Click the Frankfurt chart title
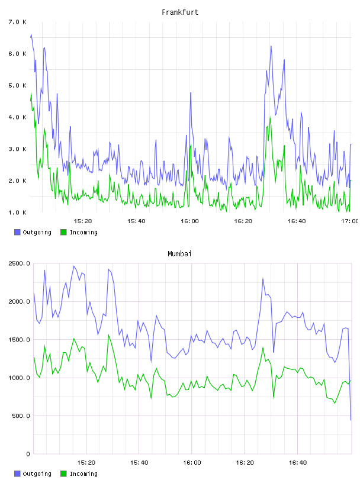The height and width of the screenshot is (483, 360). point(180,12)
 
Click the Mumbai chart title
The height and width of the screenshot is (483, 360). point(179,254)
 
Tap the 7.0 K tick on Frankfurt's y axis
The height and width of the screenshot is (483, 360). point(18,22)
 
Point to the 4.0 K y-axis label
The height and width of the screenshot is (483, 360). point(18,117)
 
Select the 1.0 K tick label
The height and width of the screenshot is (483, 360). point(18,212)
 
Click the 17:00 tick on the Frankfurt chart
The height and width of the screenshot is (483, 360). point(349,221)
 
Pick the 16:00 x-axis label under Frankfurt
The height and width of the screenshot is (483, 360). point(190,221)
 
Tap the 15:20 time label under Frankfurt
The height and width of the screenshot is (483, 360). point(83,221)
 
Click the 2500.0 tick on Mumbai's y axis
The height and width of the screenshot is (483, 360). point(20,263)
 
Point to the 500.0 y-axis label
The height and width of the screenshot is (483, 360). point(21,416)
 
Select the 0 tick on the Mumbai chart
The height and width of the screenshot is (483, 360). point(28,454)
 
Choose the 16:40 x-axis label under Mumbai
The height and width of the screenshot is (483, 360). point(298,462)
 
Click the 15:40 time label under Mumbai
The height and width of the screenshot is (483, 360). point(139,462)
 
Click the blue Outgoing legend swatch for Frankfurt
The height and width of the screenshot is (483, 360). point(17,232)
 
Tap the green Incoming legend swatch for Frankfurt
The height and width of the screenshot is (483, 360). point(63,232)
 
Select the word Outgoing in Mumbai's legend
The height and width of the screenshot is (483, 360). point(37,474)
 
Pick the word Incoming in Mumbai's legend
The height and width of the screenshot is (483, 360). point(83,474)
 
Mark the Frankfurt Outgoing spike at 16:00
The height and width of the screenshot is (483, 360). point(191,93)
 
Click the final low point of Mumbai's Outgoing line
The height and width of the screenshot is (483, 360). point(351,420)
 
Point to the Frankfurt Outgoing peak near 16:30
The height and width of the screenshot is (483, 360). point(271,46)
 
